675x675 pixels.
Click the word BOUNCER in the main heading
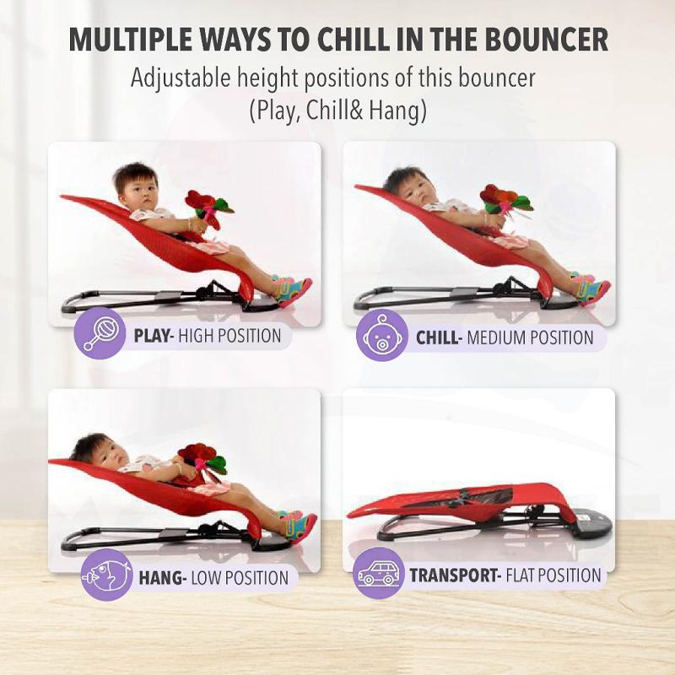[x=546, y=39]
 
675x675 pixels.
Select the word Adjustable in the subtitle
[x=181, y=78]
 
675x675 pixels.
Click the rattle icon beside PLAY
[x=100, y=332]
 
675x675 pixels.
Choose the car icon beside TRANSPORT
[x=379, y=573]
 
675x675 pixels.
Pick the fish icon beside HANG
[x=106, y=575]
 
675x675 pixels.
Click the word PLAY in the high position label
[x=151, y=336]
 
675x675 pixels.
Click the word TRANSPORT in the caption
[x=453, y=575]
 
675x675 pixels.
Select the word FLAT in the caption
[x=520, y=575]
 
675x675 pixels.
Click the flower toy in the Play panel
[x=208, y=208]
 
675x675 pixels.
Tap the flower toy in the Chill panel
[x=505, y=200]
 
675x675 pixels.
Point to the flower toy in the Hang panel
[x=202, y=459]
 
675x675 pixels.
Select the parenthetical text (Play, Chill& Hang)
[x=338, y=111]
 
